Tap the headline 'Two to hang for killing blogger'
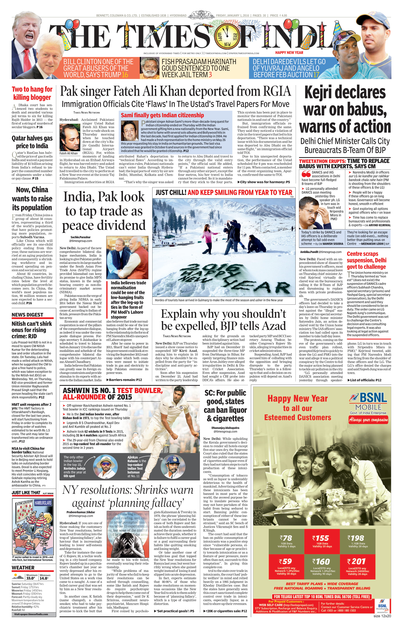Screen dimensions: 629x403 tap(32, 93)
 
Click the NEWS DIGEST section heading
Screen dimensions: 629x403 tap(28, 315)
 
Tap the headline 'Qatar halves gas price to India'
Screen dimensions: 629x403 tap(32, 142)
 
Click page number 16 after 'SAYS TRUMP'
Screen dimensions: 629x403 tap(125, 75)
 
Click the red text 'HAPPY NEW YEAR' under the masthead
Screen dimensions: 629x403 tap(289, 53)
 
